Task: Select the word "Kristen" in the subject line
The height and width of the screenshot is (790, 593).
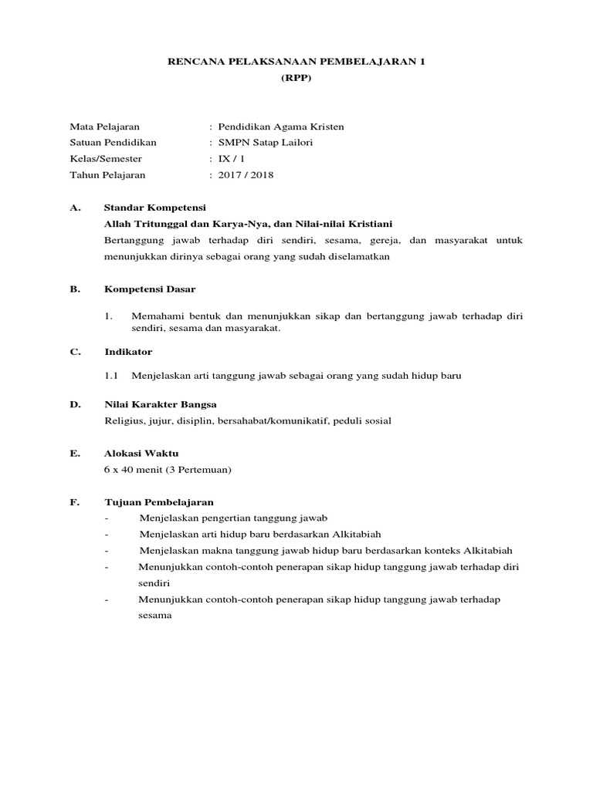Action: point(327,127)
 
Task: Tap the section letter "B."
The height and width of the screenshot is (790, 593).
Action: point(75,289)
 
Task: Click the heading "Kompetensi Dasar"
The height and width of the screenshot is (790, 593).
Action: point(150,289)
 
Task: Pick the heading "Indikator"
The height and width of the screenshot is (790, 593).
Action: point(128,352)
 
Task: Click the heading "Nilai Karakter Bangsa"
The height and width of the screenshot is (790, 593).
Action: point(161,404)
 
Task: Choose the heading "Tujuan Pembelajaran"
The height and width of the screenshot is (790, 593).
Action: point(159,502)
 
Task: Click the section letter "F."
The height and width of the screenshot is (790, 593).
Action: point(75,502)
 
